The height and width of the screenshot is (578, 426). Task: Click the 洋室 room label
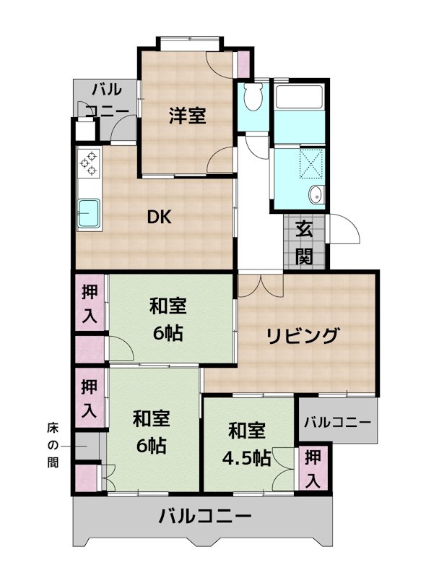click(x=188, y=116)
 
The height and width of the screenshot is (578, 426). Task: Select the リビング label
click(x=303, y=336)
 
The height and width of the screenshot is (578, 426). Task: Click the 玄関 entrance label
click(x=304, y=244)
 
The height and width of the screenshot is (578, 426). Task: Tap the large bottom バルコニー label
click(x=205, y=517)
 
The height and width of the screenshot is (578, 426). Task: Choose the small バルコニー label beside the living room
click(x=336, y=422)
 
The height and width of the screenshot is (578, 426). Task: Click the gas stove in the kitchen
click(x=90, y=163)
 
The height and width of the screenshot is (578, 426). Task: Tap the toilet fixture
click(x=252, y=97)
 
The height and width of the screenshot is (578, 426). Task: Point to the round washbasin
click(x=316, y=194)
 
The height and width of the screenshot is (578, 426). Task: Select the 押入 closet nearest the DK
click(x=90, y=303)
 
